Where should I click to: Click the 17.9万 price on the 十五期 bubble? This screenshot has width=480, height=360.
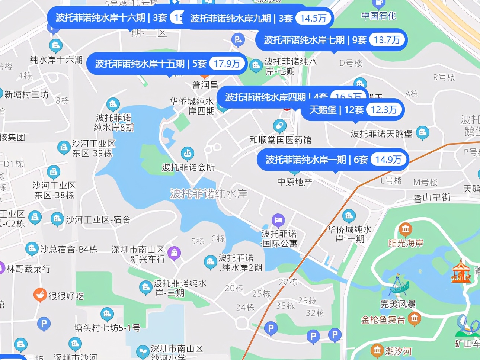227,64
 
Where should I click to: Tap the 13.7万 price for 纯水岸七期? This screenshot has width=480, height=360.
387,40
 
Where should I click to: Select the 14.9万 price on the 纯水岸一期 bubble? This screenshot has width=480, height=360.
388,160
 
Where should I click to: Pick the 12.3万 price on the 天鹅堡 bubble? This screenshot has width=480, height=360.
384,110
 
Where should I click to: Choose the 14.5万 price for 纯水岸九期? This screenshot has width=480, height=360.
313,18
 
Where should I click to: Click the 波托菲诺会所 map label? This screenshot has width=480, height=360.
188,167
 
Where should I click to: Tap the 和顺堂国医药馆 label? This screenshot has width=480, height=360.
280,140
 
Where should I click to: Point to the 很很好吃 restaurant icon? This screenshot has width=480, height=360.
40,295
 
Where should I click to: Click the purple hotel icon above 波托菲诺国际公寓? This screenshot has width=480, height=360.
278,220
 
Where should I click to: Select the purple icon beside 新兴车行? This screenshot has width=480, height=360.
174,253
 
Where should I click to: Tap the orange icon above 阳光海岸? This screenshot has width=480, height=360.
405,229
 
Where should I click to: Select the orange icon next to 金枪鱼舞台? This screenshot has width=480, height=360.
414,319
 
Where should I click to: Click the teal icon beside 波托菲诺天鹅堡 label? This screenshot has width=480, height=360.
422,132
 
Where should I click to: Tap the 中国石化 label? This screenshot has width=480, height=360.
378,16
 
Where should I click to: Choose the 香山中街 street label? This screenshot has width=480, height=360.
432,197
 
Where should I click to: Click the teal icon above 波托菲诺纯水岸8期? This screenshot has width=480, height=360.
113,105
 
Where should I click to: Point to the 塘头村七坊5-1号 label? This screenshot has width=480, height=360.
107,328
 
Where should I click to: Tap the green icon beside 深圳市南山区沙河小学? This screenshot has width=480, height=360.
142,351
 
